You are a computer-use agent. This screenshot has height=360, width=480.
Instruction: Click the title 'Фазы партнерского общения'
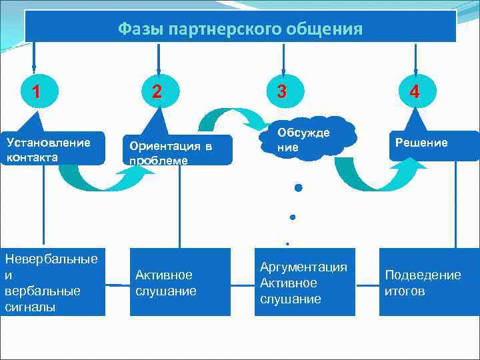coord(240,29)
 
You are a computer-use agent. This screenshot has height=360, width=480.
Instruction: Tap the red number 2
coord(156,91)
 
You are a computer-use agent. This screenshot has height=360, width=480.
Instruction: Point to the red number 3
coord(282,91)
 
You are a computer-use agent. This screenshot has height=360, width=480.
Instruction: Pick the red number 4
coord(415,91)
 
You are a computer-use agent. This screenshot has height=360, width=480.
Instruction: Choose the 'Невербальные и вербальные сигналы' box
coord(52,282)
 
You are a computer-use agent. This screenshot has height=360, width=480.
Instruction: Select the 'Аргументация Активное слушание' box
coord(304,282)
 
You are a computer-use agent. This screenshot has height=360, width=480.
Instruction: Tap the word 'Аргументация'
coord(303,267)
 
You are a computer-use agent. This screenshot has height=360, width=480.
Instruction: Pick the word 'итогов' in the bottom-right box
coord(405,291)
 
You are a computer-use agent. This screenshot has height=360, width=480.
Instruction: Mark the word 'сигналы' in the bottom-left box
coord(29,307)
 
